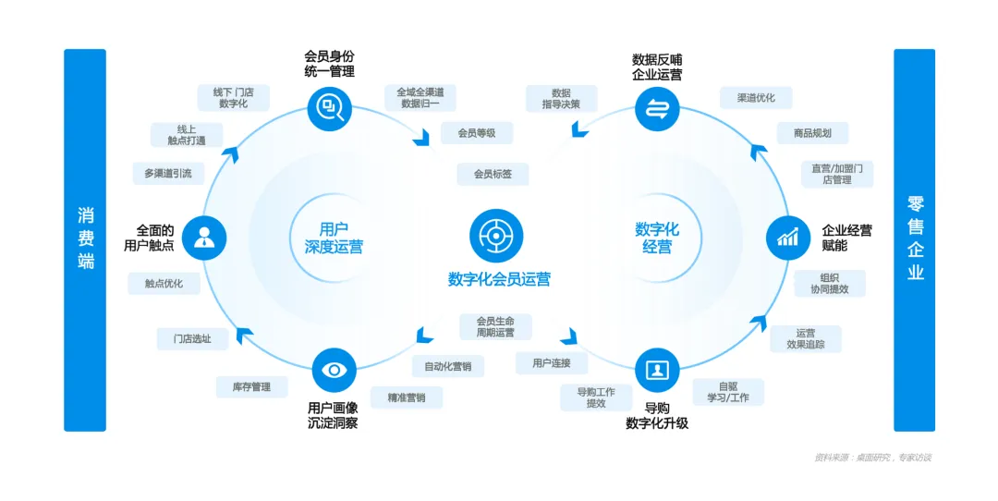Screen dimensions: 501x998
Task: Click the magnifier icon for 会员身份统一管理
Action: (331, 107)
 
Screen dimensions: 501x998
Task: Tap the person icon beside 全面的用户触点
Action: (204, 238)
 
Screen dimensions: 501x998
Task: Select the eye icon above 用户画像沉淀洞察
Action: (333, 370)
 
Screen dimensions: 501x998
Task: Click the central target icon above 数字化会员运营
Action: (496, 236)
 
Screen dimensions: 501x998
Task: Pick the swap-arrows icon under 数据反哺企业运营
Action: (657, 107)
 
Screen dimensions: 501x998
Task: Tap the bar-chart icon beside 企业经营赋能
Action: (787, 238)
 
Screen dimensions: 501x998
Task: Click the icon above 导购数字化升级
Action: (657, 371)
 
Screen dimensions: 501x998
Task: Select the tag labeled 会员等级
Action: (477, 133)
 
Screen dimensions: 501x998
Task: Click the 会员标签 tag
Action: (493, 174)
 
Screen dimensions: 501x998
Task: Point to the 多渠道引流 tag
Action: (167, 173)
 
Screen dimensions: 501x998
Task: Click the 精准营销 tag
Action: (407, 397)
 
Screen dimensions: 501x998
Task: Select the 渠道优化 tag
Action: (756, 98)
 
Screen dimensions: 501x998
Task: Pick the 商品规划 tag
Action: (811, 133)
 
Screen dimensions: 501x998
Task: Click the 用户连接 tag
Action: (552, 363)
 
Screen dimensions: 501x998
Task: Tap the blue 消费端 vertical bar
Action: (85, 239)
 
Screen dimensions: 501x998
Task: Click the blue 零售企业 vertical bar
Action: (914, 239)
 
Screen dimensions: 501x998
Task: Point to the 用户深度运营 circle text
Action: (334, 238)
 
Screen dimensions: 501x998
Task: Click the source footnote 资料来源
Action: (872, 457)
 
